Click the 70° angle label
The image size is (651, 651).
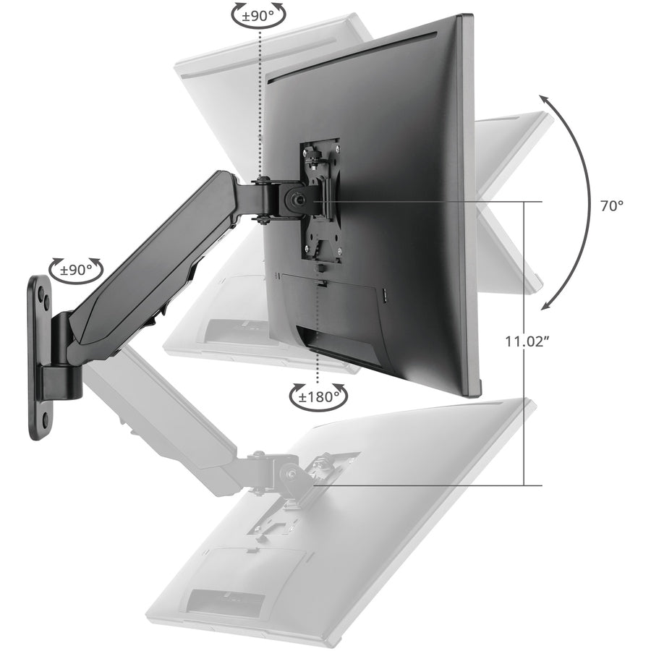click(x=611, y=205)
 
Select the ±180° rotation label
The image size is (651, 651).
click(x=318, y=396)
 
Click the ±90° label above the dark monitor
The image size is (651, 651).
click(x=259, y=14)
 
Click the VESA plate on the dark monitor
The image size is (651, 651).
click(x=316, y=199)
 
